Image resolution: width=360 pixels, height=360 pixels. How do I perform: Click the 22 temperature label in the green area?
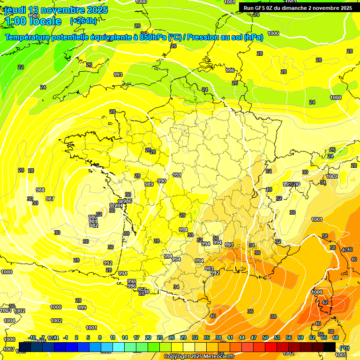pos(21,67)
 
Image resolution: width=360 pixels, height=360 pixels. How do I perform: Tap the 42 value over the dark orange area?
pos(325,302)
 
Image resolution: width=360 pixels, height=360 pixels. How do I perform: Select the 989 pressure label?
pos(149,184)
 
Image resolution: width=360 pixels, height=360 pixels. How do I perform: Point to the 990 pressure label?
pos(162,181)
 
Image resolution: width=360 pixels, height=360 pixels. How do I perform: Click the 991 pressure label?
pos(177,175)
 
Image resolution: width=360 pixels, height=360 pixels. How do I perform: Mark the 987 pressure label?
pos(50,199)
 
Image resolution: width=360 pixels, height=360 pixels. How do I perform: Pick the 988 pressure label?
pos(40,190)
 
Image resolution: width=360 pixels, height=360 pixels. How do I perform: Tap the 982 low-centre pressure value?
pos(94,225)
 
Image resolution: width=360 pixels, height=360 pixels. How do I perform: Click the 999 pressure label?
pos(82,307)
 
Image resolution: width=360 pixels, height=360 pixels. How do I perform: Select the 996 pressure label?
pos(230,70)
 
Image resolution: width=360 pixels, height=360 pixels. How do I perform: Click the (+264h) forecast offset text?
pos(83,21)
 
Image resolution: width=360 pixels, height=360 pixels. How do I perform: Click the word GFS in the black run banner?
pos(261,8)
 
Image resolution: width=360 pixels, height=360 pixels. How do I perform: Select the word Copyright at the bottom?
pos(177,357)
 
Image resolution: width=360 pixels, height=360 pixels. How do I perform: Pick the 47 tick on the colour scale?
pos(254,337)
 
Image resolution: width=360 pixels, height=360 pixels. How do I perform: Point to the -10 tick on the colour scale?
pos(32,337)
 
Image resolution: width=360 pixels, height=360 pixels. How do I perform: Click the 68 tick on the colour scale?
pos(336,337)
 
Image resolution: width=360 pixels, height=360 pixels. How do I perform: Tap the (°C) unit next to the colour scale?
pos(344,348)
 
